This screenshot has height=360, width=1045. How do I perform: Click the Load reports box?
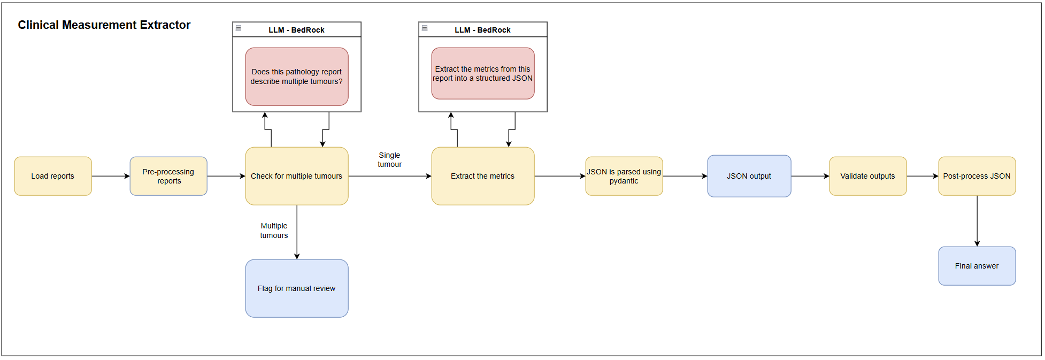click(x=53, y=176)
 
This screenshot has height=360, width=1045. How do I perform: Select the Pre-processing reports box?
click(x=168, y=176)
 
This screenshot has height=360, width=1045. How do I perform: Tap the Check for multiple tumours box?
click(x=297, y=176)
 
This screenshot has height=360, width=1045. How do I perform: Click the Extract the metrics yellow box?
click(x=483, y=176)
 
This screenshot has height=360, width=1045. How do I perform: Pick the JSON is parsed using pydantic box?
click(x=624, y=176)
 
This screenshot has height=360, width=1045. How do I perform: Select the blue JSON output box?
click(x=749, y=176)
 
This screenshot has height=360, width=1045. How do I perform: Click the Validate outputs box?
click(x=867, y=176)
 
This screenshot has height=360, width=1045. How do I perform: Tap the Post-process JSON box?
click(x=977, y=176)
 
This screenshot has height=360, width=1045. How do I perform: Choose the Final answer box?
click(x=977, y=266)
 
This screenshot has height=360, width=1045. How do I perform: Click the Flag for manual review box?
click(x=297, y=288)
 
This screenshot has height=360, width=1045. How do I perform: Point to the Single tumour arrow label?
click(x=389, y=160)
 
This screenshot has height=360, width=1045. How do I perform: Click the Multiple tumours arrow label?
click(x=274, y=231)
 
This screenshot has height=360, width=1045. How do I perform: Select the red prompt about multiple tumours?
click(x=297, y=76)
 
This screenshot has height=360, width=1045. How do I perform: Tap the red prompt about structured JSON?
click(x=483, y=73)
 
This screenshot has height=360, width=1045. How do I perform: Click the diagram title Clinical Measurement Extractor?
click(x=104, y=25)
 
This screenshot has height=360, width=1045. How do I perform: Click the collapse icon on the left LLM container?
click(x=239, y=28)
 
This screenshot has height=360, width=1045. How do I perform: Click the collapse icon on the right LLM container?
click(x=425, y=28)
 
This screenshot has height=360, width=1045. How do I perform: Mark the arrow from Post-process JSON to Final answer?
click(x=977, y=221)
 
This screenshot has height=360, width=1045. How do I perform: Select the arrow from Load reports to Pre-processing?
click(x=111, y=176)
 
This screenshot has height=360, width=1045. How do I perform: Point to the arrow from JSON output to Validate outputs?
click(x=810, y=176)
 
